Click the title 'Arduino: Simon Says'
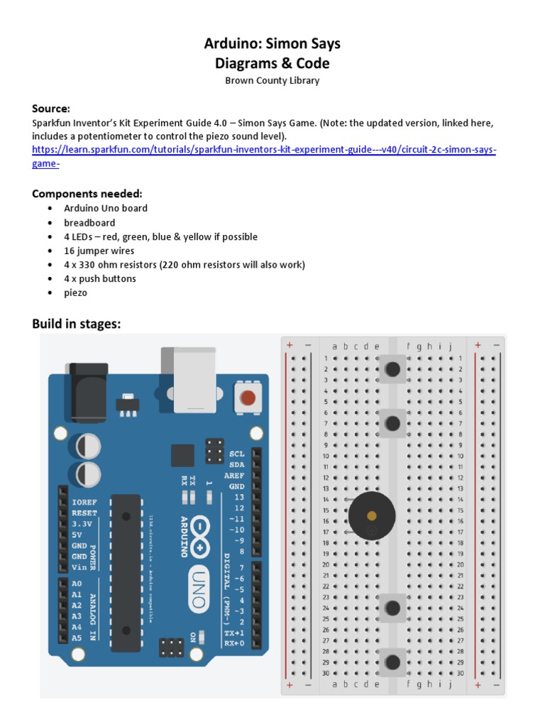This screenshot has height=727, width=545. tap(272, 44)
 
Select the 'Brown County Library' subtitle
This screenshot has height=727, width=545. tap(272, 81)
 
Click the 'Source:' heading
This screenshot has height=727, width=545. tap(51, 109)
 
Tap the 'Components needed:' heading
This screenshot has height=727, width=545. tap(87, 194)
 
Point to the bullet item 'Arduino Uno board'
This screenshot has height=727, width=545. tap(106, 209)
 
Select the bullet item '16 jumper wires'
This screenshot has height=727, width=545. tap(99, 251)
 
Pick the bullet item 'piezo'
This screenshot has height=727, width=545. tap(75, 293)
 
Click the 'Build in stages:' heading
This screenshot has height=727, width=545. tap(77, 324)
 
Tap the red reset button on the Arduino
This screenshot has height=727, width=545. tap(248, 398)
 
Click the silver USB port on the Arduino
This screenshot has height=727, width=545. tap(189, 380)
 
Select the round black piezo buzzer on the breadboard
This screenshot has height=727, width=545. tap(372, 515)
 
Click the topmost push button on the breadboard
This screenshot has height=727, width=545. tap(392, 369)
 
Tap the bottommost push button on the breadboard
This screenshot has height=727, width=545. tap(392, 663)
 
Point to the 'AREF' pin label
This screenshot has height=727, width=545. tap(236, 475)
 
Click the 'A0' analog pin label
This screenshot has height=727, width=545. tap(77, 584)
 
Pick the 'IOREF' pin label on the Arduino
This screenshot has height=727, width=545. tap(84, 502)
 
